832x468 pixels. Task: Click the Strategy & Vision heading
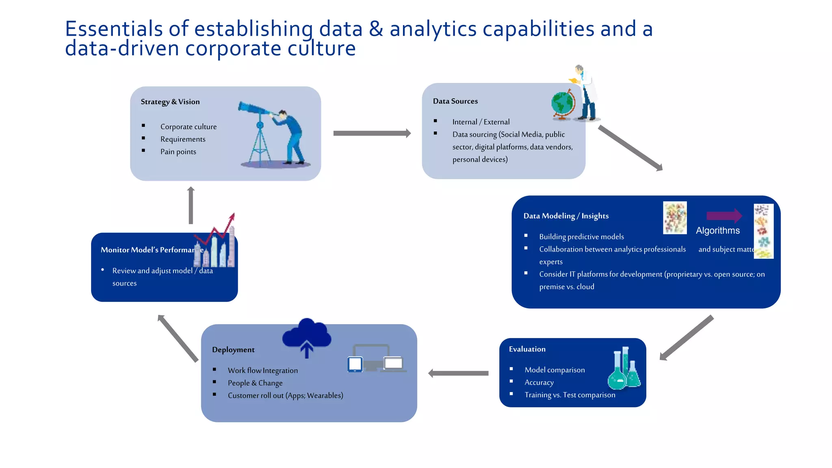170,102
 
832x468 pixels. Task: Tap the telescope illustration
260,130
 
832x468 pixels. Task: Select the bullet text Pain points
178,152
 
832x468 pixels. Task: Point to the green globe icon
562,104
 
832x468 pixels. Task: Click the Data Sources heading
455,101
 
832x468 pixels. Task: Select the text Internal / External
481,122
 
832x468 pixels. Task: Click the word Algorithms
717,230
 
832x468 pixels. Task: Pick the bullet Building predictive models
581,236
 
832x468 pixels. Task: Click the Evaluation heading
527,349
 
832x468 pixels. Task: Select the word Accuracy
539,382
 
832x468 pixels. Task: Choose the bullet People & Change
255,383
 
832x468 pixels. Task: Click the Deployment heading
233,349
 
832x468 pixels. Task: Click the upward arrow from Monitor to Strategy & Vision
191,205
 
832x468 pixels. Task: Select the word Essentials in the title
114,29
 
